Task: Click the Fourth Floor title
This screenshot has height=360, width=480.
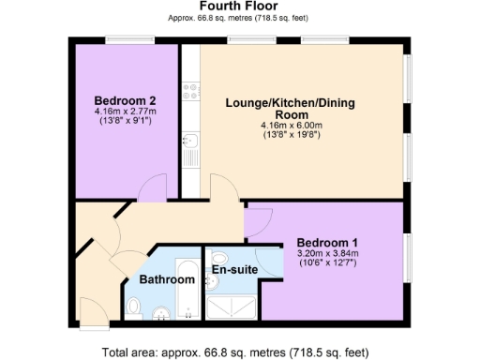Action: pyautogui.click(x=240, y=7)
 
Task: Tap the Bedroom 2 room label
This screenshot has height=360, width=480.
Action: pyautogui.click(x=125, y=100)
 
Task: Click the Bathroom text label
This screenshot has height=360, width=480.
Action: pyautogui.click(x=167, y=279)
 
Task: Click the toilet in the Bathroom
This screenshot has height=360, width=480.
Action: pyautogui.click(x=135, y=307)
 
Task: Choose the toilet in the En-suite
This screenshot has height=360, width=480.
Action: pyautogui.click(x=218, y=258)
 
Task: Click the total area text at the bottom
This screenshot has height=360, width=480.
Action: pyautogui.click(x=240, y=352)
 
